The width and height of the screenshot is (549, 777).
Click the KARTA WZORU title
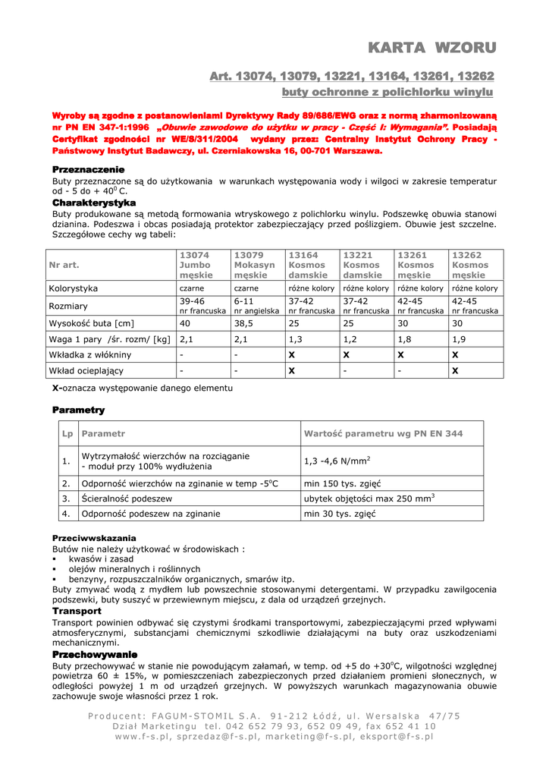[x=431, y=48]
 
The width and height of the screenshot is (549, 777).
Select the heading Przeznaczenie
[x=88, y=168]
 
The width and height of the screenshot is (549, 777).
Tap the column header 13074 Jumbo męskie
[x=196, y=265]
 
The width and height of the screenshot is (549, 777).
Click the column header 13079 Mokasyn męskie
[x=254, y=265]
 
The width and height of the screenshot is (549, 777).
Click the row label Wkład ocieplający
[x=86, y=371]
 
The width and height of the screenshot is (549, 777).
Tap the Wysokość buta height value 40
[x=184, y=323]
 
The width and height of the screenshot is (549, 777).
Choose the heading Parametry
[x=78, y=410]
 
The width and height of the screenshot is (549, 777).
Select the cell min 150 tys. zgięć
[x=342, y=483]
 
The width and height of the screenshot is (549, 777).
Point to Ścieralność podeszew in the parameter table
[x=127, y=499]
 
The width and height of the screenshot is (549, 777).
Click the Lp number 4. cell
[x=66, y=514]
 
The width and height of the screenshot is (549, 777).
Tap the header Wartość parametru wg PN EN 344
[x=383, y=434]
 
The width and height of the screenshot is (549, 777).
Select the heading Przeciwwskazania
[x=94, y=537]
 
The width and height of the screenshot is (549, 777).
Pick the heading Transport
[x=77, y=611]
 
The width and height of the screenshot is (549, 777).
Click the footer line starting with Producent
[x=274, y=716]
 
